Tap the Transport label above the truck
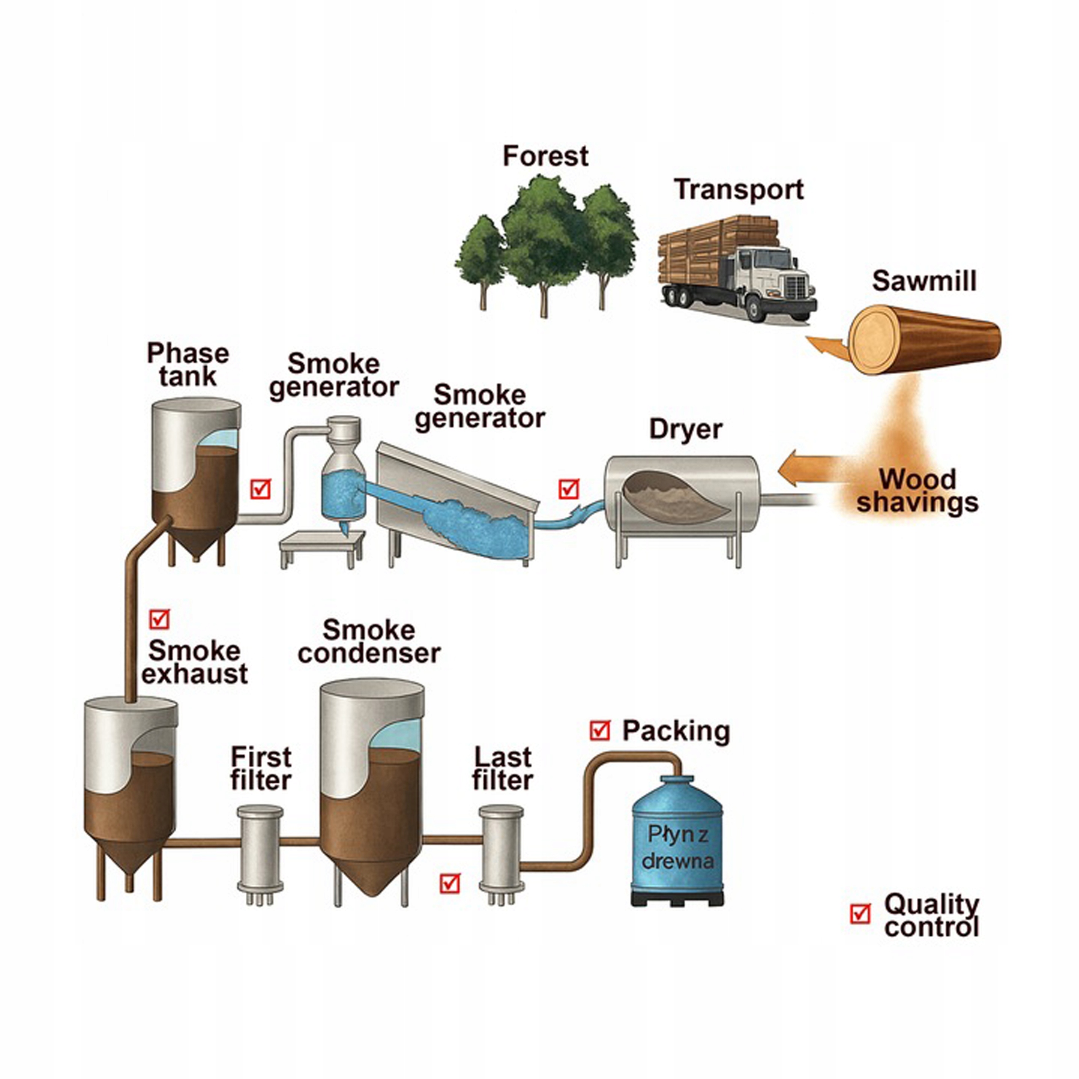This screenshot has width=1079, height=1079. (x=738, y=190)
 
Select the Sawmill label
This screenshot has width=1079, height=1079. (x=924, y=281)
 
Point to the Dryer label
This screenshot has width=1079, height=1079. (x=685, y=429)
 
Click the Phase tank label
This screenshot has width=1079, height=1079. (x=188, y=365)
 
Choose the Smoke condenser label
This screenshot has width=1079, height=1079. (x=369, y=642)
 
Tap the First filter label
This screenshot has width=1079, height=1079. (x=261, y=769)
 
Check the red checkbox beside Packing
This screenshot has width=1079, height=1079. (x=600, y=730)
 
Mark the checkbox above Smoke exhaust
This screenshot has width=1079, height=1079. (x=159, y=619)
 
